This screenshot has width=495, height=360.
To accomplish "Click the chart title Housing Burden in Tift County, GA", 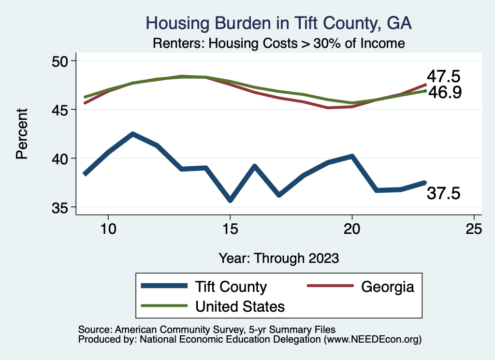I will (278, 23).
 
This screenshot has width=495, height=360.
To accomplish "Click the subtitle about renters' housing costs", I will (278, 43).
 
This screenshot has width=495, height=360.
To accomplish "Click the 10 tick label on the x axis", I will (108, 229).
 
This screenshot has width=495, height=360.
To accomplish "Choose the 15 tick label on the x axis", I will (230, 229).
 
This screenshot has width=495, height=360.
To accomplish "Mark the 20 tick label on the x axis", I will (352, 229).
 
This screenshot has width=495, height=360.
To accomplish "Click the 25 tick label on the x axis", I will (474, 229).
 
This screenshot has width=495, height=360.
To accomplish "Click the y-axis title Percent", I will (21, 134).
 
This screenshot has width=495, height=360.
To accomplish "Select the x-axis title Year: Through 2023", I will (278, 258).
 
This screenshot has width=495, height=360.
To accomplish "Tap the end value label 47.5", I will (443, 76).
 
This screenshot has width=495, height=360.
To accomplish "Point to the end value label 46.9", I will (444, 92).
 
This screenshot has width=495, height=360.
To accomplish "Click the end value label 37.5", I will (443, 193).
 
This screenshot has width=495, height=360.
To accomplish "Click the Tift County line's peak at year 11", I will (132, 134).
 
